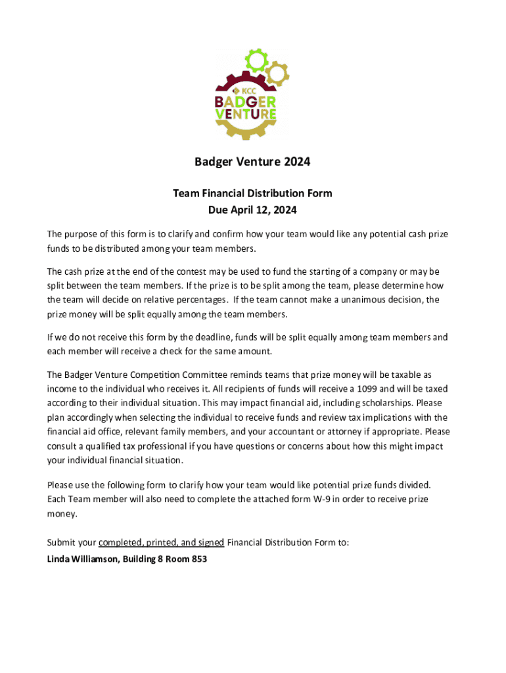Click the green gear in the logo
pos(256,60)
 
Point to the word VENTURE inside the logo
pos(246,114)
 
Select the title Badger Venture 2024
pos(252,162)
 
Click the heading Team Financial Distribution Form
pos(252,193)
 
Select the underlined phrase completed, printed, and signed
pos(162,542)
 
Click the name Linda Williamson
pos(82,559)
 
